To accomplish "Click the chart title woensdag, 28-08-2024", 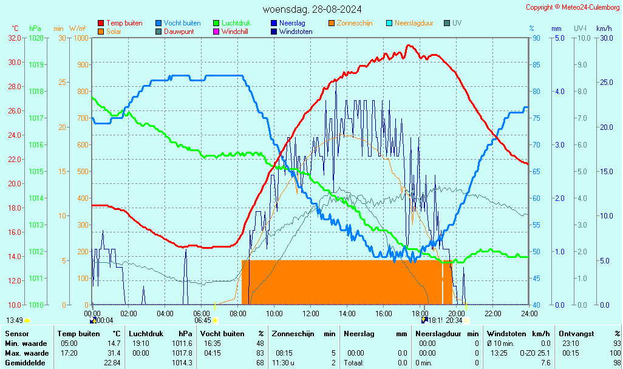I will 312,9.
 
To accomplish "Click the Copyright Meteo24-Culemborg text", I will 573,7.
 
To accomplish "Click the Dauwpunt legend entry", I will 179,32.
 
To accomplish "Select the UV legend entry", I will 457,23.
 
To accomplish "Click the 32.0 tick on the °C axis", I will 15,38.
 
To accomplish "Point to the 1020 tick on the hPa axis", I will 36,38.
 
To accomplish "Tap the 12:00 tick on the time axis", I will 311,313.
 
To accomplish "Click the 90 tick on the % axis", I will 534,38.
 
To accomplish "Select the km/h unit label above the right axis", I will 604,29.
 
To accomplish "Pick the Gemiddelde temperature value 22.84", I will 112,363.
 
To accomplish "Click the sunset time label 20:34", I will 454,320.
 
